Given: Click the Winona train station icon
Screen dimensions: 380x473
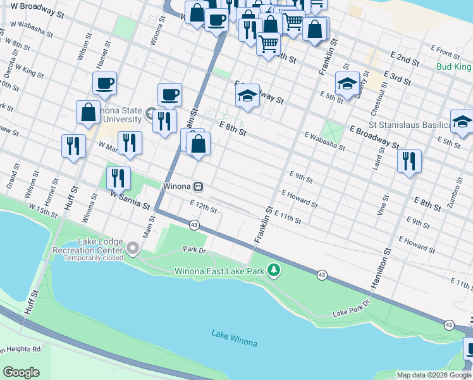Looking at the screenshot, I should point(199,187).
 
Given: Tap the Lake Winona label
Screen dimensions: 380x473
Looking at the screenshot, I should point(234,338).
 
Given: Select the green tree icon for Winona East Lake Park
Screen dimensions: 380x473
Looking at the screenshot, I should point(273,270).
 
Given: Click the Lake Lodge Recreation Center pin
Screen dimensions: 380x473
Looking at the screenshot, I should point(132,249).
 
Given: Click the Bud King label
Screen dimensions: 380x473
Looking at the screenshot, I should point(454,66).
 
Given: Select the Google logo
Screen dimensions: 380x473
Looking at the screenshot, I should point(21,372).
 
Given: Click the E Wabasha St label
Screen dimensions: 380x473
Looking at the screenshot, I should point(324,141).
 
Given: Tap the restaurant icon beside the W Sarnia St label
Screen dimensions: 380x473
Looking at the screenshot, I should point(118,178).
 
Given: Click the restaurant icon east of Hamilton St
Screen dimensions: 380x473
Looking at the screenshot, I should point(409,160).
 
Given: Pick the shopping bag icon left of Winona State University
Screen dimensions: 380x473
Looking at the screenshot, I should point(87,111).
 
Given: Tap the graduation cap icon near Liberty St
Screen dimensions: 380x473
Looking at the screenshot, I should point(347,84).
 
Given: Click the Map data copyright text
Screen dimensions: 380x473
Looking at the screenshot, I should point(434,375).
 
